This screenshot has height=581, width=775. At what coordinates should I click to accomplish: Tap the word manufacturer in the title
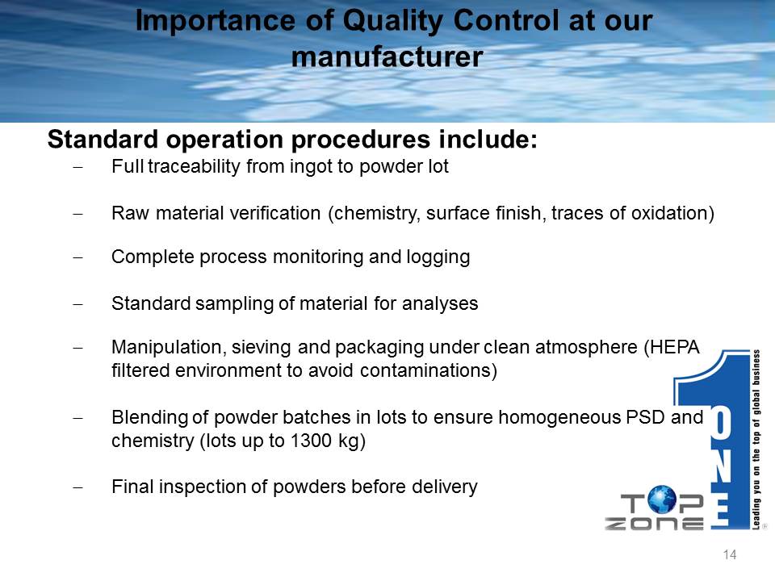pyautogui.click(x=387, y=56)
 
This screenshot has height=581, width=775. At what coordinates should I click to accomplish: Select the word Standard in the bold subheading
pyautogui.click(x=103, y=140)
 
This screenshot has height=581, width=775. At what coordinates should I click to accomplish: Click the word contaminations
pyautogui.click(x=425, y=370)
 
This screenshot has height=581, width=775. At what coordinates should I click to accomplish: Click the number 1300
pyautogui.click(x=311, y=441)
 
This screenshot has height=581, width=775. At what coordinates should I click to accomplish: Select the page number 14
pyautogui.click(x=730, y=555)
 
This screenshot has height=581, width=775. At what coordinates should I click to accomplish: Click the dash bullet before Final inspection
pyautogui.click(x=77, y=487)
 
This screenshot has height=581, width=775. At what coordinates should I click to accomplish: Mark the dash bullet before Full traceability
pyautogui.click(x=77, y=167)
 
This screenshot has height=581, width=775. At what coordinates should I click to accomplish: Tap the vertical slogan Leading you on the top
pyautogui.click(x=756, y=440)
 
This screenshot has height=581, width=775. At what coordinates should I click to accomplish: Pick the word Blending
pyautogui.click(x=150, y=418)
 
